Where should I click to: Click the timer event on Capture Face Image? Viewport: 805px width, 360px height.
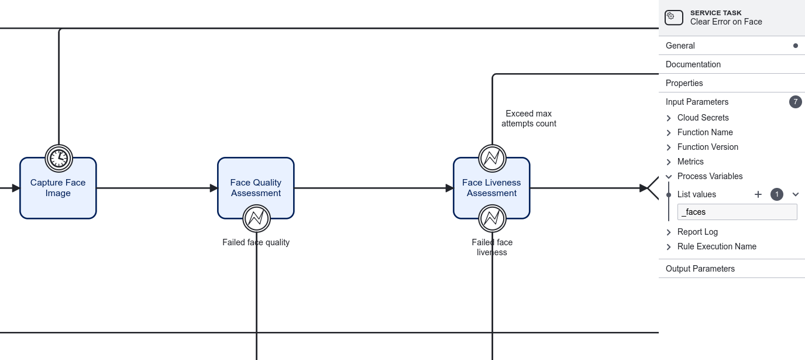pyautogui.click(x=59, y=158)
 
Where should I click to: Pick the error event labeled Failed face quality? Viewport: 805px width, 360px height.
pyautogui.click(x=256, y=218)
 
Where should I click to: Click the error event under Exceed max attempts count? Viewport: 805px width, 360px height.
pyautogui.click(x=492, y=158)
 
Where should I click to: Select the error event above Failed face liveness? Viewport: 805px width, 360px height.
pyautogui.click(x=492, y=218)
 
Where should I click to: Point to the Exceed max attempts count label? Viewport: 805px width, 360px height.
pyautogui.click(x=529, y=118)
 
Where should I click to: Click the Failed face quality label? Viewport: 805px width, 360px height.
pyautogui.click(x=256, y=242)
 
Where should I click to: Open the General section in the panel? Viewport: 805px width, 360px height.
pyautogui.click(x=680, y=46)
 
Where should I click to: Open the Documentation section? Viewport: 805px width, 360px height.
pyautogui.click(x=693, y=64)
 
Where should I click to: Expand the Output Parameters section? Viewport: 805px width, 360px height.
pyautogui.click(x=700, y=269)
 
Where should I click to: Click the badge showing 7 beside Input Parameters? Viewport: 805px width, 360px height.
pyautogui.click(x=795, y=102)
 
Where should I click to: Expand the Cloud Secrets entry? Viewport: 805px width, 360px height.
pyautogui.click(x=703, y=118)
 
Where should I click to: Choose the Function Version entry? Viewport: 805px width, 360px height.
pyautogui.click(x=707, y=147)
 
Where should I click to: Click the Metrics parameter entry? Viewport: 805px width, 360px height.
pyautogui.click(x=690, y=162)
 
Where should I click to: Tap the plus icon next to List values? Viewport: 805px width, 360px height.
pyautogui.click(x=758, y=194)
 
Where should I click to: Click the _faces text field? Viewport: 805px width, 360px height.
pyautogui.click(x=737, y=212)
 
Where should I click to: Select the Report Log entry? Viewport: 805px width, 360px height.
pyautogui.click(x=697, y=232)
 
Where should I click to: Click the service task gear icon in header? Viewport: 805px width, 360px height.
pyautogui.click(x=674, y=18)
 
